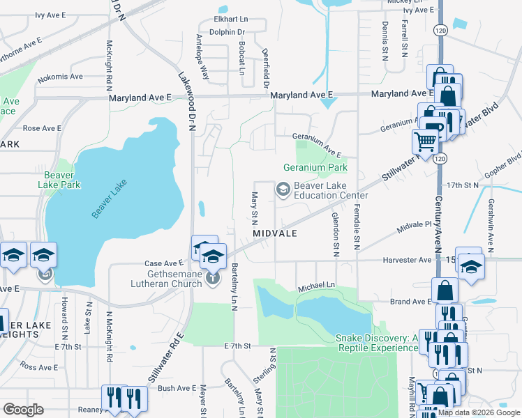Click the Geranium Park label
(315, 168)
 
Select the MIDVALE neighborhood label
(276, 233)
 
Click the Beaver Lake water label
(109, 200)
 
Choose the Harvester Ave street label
(407, 260)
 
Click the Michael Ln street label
(317, 286)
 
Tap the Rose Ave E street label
(42, 128)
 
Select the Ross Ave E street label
(38, 366)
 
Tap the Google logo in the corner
(23, 410)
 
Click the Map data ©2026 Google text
(479, 412)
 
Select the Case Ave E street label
(163, 263)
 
